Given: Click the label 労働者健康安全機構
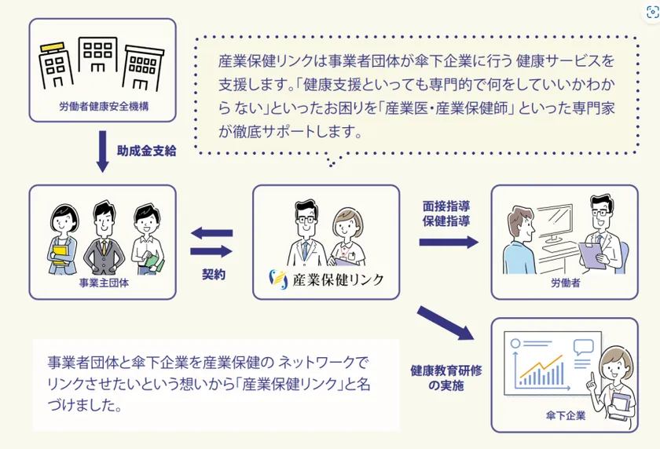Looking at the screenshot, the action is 104,107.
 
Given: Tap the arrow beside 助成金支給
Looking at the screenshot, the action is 102,151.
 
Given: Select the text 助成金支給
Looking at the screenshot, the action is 146,151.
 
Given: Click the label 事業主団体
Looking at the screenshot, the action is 104,283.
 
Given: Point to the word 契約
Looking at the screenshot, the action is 214,275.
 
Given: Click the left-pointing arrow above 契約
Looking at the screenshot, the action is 211,233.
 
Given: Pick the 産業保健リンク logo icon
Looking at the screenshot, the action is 278,279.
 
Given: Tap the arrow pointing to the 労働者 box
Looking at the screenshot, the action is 449,242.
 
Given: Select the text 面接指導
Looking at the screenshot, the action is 446,206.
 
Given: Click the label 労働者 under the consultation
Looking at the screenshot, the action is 565,283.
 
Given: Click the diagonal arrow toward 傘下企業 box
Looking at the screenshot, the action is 445,323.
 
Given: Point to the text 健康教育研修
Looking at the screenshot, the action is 446,371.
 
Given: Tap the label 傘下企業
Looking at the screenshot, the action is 565,416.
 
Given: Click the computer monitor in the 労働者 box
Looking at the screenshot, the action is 555,225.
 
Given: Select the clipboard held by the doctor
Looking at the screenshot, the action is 592,255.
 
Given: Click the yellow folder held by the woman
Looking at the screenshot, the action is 60,255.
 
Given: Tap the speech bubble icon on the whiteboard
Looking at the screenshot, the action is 583,346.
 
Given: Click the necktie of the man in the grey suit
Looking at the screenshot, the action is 104,248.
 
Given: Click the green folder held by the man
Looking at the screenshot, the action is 154,263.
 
